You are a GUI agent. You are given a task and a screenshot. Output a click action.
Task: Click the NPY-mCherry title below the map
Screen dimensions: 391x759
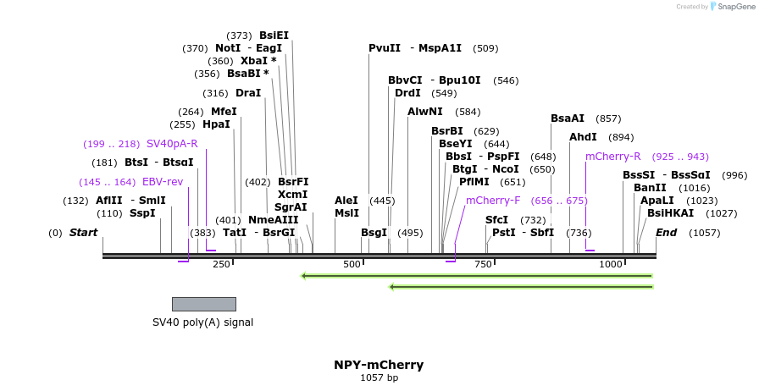pos(379,365)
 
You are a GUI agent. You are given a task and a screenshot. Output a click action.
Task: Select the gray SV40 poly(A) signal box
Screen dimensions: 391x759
pos(203,304)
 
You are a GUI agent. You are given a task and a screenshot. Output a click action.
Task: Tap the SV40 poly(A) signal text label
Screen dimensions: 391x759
pos(202,322)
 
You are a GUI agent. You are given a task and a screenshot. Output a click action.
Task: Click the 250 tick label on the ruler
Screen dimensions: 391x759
pos(221,265)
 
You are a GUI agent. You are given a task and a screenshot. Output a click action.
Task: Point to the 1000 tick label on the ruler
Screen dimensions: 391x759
pos(611,265)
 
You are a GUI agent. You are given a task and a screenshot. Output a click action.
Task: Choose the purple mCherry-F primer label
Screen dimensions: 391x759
pos(493,201)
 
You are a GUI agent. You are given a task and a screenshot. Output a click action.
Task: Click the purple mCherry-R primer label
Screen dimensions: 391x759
pos(612,157)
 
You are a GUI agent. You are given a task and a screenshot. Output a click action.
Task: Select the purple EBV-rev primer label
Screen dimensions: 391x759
pos(163,182)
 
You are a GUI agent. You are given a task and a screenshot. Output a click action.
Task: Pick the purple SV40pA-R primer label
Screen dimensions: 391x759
pos(172,144)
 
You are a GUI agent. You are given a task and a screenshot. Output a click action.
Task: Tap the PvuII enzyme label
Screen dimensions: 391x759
pos(385,48)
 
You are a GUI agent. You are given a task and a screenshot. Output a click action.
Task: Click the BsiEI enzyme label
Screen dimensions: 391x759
pos(274,36)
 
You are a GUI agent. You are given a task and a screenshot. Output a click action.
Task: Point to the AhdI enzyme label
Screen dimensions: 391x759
pos(583,137)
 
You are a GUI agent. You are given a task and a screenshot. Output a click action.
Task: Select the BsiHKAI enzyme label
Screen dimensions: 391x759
pos(670,213)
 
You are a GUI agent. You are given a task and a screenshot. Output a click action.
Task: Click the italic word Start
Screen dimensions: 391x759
pos(83,233)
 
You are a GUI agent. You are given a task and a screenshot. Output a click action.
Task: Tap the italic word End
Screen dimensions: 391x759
pos(667,233)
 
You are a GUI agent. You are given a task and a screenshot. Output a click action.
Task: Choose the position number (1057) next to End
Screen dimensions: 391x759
pos(704,233)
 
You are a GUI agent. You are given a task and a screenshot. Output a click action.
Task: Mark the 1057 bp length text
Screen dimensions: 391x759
pos(379,378)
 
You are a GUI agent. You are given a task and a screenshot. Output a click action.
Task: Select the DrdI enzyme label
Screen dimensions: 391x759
pos(407,93)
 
